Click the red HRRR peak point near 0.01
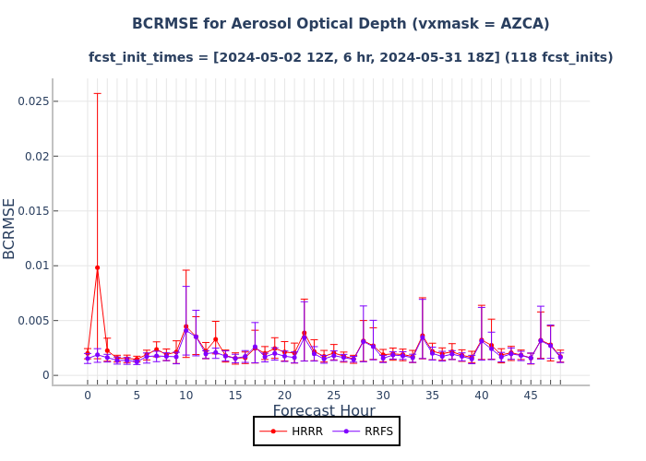click(x=97, y=267)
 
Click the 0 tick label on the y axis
click(x=45, y=375)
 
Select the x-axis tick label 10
click(x=185, y=396)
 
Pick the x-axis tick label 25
click(x=333, y=396)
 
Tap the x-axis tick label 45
click(x=531, y=396)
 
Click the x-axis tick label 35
click(x=432, y=396)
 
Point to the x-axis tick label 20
click(x=284, y=396)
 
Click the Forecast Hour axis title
click(x=323, y=411)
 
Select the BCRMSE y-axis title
click(x=10, y=228)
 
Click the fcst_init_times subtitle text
click(x=148, y=57)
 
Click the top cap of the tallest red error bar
click(x=97, y=93)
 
